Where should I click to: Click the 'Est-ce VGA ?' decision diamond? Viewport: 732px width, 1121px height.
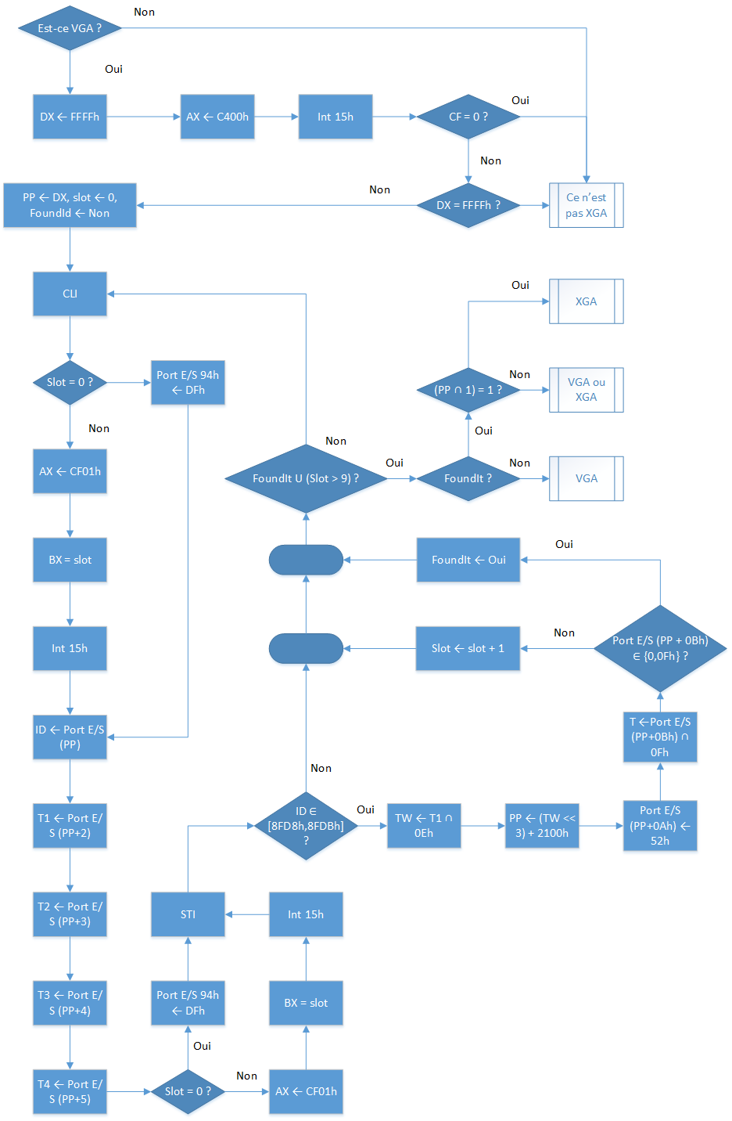coord(70,28)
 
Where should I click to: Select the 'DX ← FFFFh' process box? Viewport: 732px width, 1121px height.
coord(70,117)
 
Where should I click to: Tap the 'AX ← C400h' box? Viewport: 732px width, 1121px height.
coord(217,117)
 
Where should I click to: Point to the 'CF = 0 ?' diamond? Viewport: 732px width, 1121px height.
coord(468,117)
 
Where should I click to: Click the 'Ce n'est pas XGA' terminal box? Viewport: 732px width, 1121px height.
coord(587,205)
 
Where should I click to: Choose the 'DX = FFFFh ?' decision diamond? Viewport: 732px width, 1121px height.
coord(468,205)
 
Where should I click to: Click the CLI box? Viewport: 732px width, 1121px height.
coord(70,294)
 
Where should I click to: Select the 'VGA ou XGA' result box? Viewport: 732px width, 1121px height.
coord(587,390)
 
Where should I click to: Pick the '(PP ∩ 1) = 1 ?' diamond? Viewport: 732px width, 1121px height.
coord(468,390)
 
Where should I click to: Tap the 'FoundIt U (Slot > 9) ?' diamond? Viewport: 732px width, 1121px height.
coord(306,478)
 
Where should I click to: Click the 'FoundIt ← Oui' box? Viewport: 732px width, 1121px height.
coord(468,560)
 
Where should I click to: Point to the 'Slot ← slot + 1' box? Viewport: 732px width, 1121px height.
coord(468,648)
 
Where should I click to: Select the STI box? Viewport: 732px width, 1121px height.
coord(188,914)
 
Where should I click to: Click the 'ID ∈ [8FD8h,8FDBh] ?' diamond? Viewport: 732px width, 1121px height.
coord(306,826)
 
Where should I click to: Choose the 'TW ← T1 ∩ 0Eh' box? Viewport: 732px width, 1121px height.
coord(424,826)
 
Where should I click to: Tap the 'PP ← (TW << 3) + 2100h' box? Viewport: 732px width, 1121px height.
coord(542,826)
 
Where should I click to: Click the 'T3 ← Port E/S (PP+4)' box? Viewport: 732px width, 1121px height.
coord(70,1003)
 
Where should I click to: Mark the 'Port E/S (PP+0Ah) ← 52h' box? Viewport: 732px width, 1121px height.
coord(660,826)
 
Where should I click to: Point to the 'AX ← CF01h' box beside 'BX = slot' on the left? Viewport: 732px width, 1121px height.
coord(70,471)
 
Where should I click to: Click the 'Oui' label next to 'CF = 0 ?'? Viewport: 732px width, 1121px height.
coord(520,100)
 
